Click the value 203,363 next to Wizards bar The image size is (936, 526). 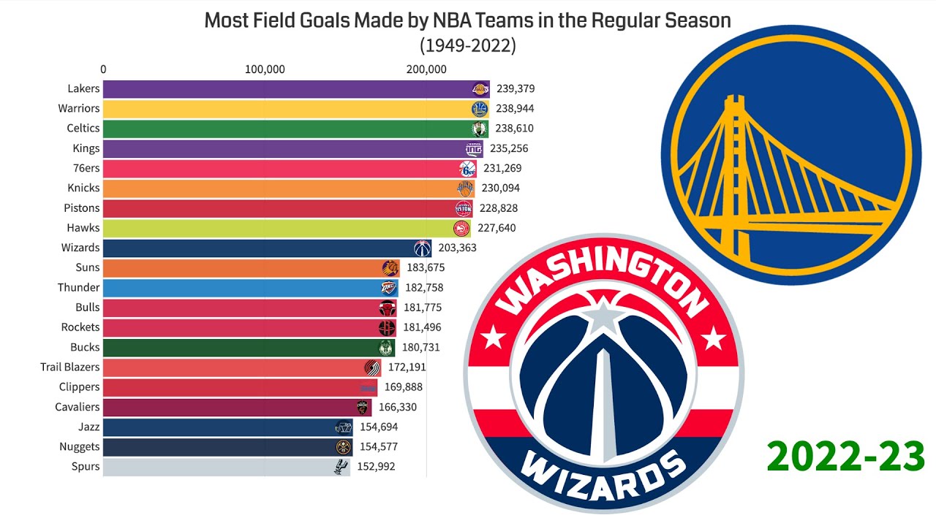tap(457, 248)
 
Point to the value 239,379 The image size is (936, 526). tap(516, 89)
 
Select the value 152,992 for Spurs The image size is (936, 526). tap(380, 467)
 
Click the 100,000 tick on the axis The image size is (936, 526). tap(265, 69)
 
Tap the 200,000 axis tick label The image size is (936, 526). tap(426, 69)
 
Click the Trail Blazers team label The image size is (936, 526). tap(70, 367)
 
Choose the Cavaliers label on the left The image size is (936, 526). tap(78, 407)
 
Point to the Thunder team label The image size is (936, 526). tap(79, 288)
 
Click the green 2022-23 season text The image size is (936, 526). tap(845, 457)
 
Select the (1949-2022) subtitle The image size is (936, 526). tap(468, 45)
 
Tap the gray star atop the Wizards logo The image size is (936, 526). tap(603, 316)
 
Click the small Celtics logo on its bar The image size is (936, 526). tap(478, 129)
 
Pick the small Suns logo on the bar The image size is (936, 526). tap(390, 268)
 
